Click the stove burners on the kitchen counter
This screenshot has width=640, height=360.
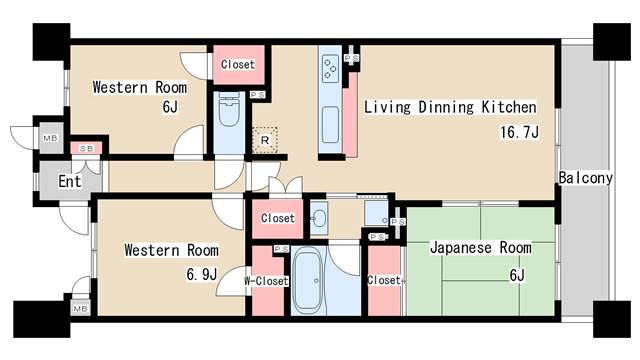330,68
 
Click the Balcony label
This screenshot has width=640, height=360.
585,178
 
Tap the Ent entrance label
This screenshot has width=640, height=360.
69,181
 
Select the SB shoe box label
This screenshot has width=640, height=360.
86,149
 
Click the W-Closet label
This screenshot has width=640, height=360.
266,281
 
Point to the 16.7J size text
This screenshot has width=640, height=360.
520,131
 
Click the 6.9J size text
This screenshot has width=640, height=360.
201,273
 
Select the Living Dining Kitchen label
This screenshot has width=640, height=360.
450,107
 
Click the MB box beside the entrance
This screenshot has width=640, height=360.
48,138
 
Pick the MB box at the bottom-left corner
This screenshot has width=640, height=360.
78,310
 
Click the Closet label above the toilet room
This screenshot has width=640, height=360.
238,65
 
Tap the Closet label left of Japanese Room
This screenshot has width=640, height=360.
383,281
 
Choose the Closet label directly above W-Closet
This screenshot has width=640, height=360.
277,218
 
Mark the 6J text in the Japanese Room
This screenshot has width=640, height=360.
518,275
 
